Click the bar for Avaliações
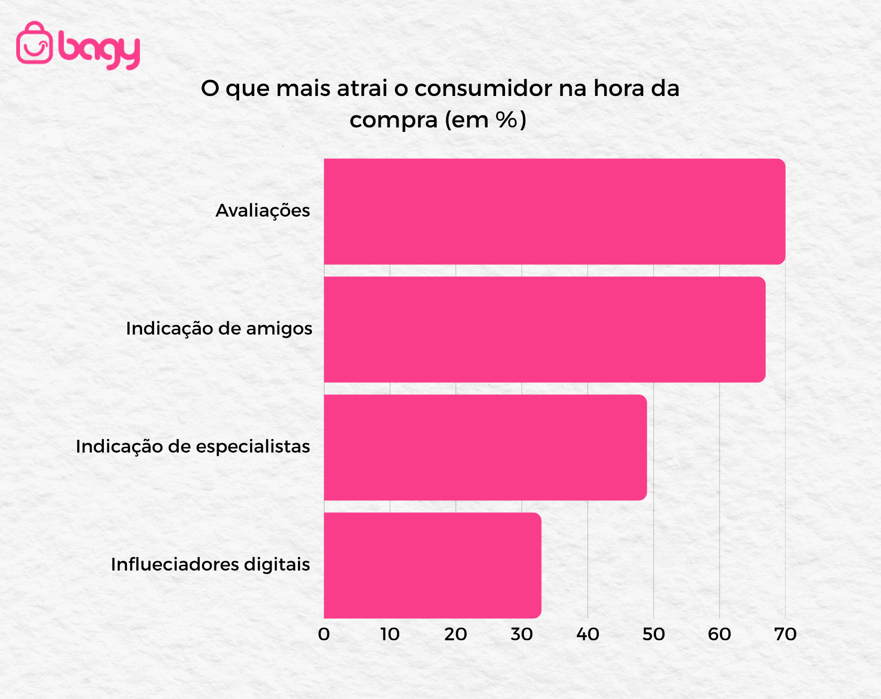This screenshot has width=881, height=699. [x=554, y=211]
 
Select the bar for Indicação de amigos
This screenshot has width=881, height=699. [x=544, y=329]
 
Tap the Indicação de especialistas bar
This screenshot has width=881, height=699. [x=485, y=447]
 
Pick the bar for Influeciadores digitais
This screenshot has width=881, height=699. [x=432, y=565]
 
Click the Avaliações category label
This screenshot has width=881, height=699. [x=263, y=211]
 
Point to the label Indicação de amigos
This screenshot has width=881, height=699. [x=219, y=329]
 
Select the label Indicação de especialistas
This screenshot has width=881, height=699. [x=193, y=447]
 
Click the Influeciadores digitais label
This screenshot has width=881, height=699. [x=210, y=565]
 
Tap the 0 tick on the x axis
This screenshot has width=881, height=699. [x=324, y=635]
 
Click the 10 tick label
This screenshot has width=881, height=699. [x=390, y=635]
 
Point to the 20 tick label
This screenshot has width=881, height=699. [x=456, y=635]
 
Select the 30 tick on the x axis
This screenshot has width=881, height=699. [x=522, y=635]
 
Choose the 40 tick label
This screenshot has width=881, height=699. [x=587, y=635]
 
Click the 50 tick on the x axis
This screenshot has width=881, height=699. [x=653, y=635]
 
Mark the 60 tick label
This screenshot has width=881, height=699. [x=719, y=635]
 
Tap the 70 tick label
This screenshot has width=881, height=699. [x=785, y=635]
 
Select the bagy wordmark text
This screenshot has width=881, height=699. [x=99, y=50]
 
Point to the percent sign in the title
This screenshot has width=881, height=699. [x=507, y=120]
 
